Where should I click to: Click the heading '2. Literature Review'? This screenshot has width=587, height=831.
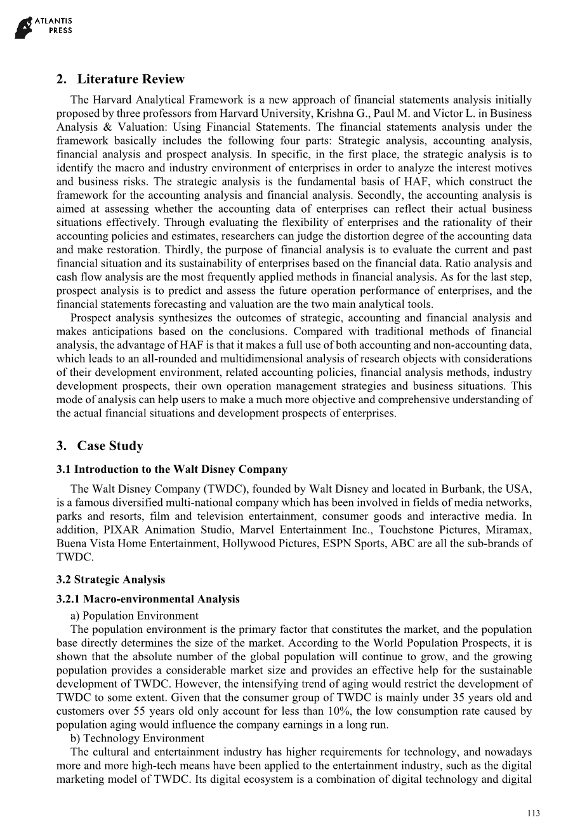tap(120, 79)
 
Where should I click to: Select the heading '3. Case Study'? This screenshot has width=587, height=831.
tap(100, 446)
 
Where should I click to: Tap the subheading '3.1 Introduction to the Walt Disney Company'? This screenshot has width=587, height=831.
tap(171, 470)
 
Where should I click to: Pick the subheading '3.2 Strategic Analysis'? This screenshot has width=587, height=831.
tap(110, 580)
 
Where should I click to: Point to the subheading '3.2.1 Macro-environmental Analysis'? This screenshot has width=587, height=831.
tap(148, 599)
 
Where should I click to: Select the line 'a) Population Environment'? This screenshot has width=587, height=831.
tap(134, 616)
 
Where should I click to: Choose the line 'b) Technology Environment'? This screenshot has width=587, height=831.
tap(137, 738)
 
